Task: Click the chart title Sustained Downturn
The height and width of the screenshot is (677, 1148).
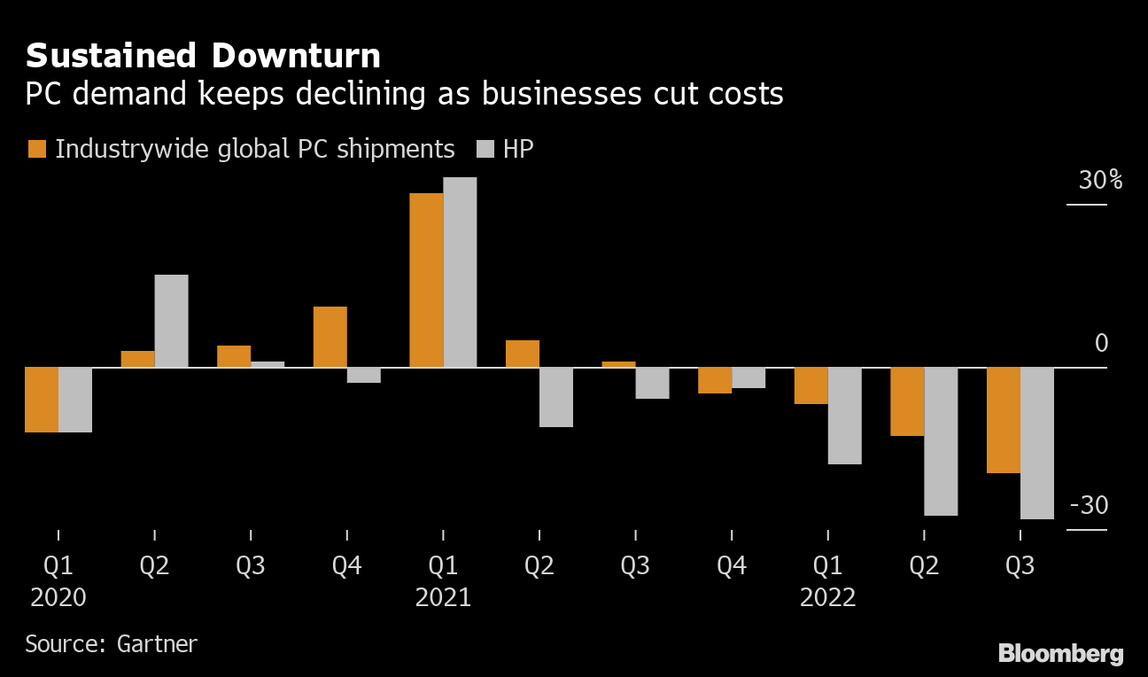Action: pos(203,57)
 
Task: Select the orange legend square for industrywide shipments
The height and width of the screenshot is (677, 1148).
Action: pos(36,149)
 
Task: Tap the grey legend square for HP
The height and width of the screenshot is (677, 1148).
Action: pos(485,149)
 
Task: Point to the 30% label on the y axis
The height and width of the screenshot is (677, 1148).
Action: pos(1100,181)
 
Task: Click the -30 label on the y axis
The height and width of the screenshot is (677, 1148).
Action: pos(1089,506)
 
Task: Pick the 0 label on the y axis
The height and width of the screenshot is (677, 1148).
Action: pos(1101,343)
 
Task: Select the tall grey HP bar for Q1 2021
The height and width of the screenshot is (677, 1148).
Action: pos(460,272)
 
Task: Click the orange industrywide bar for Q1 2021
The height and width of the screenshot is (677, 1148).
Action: pos(426,280)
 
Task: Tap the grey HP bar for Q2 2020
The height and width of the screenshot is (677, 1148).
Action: pos(172,321)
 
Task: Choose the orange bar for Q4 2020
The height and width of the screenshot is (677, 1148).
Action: pos(330,337)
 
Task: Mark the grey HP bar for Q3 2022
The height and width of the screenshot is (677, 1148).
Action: pos(1037,443)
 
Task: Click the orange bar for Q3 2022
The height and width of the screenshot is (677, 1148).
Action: pos(1004,420)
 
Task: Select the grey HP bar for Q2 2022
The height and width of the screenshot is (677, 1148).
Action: pos(941,441)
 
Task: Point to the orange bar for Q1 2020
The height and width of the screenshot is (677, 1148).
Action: pos(42,400)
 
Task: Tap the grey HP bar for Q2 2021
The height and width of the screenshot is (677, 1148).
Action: pos(556,397)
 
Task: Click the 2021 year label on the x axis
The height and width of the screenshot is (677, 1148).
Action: pos(443,598)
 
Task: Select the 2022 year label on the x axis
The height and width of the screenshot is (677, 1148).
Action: pos(827,598)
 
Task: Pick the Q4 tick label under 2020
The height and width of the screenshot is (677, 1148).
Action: pos(346,566)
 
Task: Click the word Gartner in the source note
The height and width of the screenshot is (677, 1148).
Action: pos(157,643)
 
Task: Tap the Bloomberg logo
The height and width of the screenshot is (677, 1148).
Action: pos(1060,654)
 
